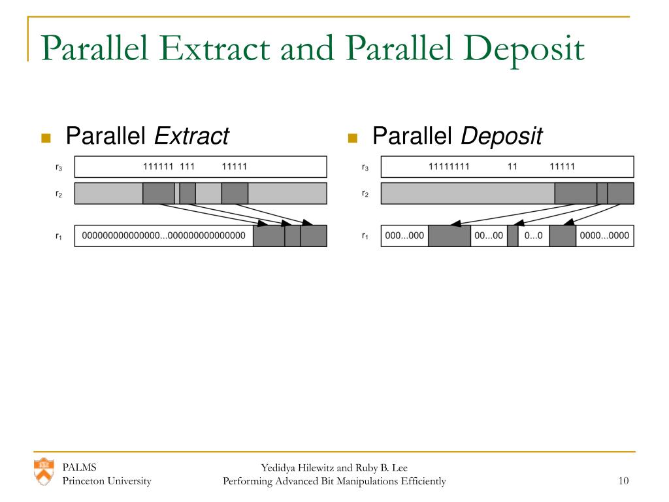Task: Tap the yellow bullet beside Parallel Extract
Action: click(46, 137)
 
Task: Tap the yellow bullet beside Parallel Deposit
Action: click(353, 137)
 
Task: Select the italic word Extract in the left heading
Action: click(191, 137)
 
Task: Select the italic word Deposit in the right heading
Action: click(502, 137)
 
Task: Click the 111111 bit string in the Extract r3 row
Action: click(158, 167)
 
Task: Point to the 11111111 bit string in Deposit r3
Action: click(449, 167)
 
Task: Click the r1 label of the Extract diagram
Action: click(59, 236)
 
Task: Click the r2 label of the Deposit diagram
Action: click(365, 194)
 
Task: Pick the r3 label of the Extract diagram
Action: click(59, 167)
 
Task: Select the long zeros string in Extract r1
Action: click(163, 236)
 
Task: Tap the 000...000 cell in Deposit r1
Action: click(404, 236)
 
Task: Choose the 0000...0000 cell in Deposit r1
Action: click(604, 236)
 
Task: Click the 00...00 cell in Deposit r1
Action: click(489, 236)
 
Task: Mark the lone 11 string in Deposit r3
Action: click(512, 167)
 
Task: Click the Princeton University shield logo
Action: click(44, 471)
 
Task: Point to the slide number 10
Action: click(623, 481)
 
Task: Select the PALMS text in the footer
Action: click(79, 467)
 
